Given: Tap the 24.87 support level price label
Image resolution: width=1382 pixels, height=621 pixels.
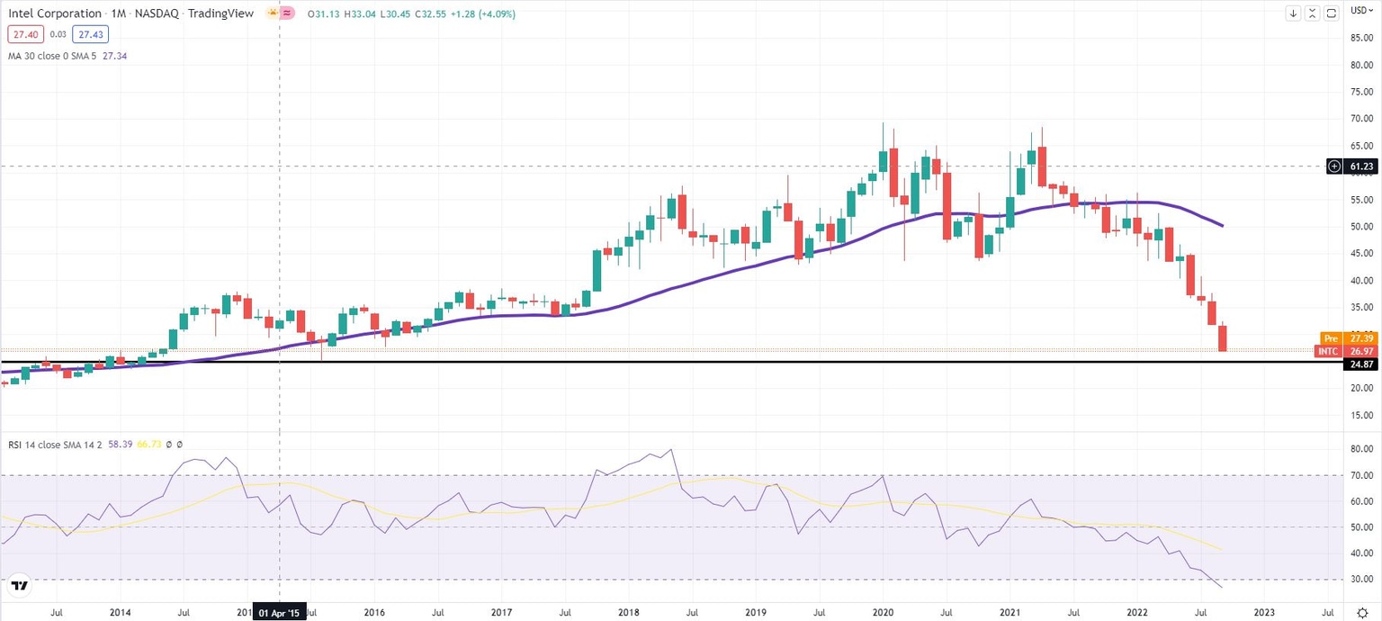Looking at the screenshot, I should (1358, 364).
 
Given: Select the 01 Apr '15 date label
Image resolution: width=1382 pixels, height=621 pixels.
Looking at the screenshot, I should (281, 612).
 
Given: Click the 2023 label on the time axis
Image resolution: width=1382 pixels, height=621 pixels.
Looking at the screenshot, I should (1263, 612).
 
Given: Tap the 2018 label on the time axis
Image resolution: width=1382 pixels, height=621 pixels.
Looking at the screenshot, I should (628, 612).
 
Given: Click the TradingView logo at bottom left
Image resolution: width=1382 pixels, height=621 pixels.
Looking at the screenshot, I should (19, 586).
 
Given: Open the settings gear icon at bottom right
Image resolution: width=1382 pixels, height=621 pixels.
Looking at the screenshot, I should (1362, 612).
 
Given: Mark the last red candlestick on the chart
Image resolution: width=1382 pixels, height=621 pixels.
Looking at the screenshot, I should (1223, 338).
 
